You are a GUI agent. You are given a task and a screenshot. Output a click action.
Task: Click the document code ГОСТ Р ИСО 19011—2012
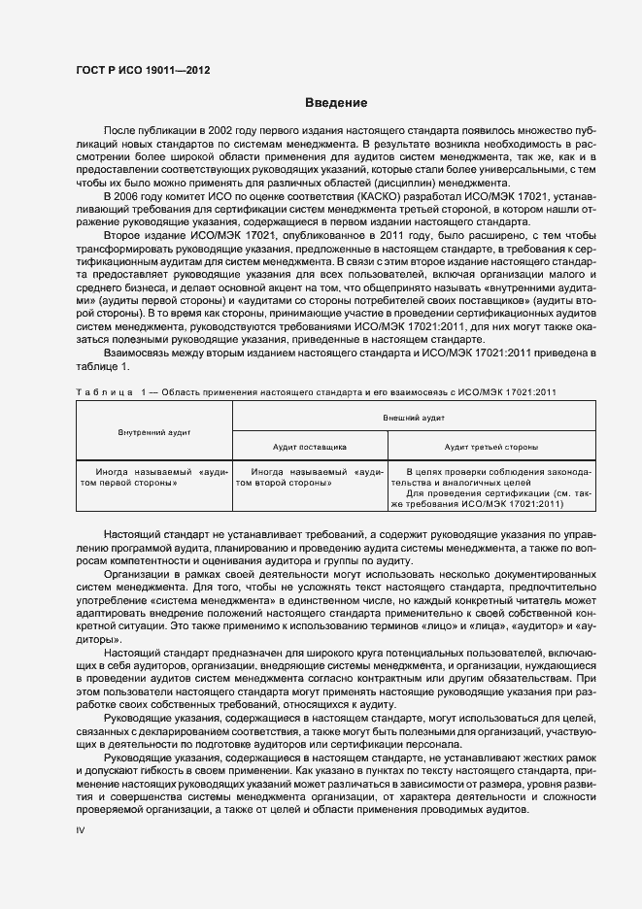pyautogui.click(x=142, y=71)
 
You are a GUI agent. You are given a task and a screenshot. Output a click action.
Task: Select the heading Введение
pyautogui.click(x=334, y=103)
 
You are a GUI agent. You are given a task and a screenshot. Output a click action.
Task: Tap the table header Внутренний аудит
pyautogui.click(x=154, y=430)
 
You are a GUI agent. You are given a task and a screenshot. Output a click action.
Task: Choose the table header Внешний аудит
pyautogui.click(x=414, y=416)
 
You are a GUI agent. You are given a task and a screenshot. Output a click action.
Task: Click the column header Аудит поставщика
pyautogui.click(x=310, y=447)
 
